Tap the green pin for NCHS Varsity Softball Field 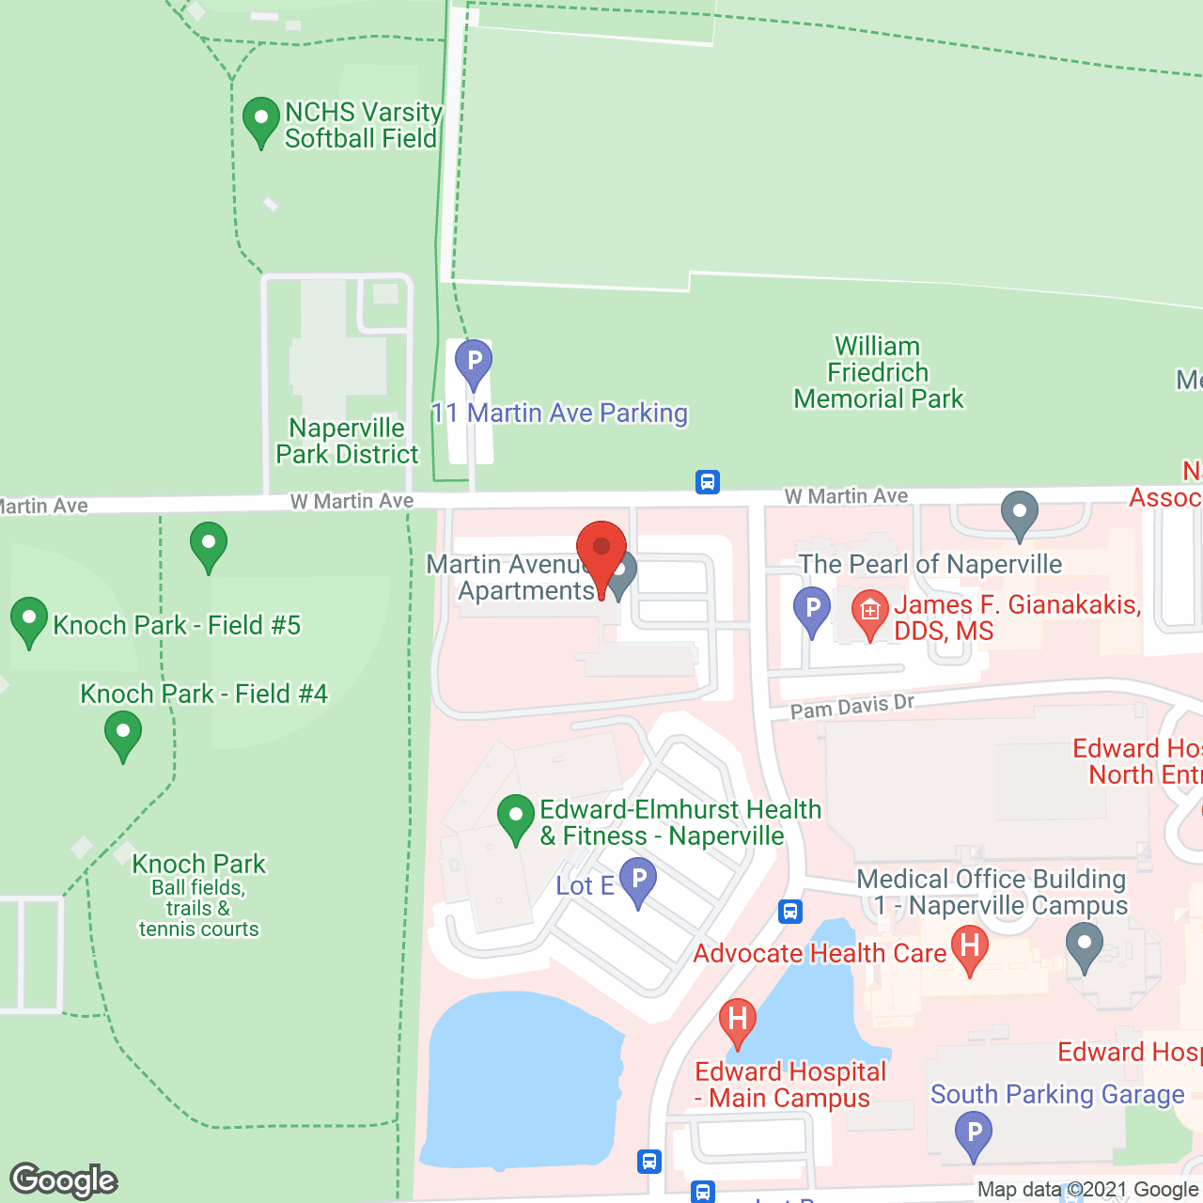coord(261,120)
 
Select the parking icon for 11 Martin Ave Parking coord(474,362)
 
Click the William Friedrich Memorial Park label coord(879,373)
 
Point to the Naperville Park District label coord(347,441)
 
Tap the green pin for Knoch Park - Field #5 coord(29,620)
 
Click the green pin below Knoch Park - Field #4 coord(123,734)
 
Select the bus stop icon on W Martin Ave coord(708,482)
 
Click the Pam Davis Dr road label coord(851,706)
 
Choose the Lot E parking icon coord(638,881)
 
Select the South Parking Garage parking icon coord(975,1133)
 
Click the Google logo coord(64,1180)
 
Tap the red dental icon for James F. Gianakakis coord(870,612)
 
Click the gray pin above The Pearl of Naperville coord(1020,513)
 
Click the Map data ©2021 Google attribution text coord(1087,1190)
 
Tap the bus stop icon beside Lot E coord(790,911)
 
